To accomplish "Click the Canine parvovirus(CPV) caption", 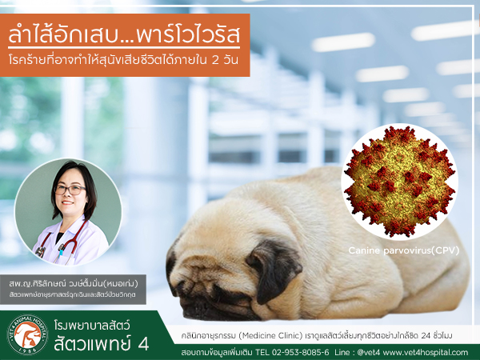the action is coord(404,250).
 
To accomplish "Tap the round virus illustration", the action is coord(399,182).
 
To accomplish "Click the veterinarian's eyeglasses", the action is coord(70,190).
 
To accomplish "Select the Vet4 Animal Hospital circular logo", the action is coord(27,334).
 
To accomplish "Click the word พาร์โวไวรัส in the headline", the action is coord(188,35).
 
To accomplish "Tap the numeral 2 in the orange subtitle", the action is coord(215,60).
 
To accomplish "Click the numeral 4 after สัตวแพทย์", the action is coord(143,344).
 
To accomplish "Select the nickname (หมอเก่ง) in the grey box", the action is coord(122,284).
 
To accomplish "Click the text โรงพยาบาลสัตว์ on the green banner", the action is coord(92,325).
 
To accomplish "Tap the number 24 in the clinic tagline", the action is coord(426,336).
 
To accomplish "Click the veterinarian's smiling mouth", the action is coord(67,202).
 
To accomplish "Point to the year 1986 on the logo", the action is coord(28,349).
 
